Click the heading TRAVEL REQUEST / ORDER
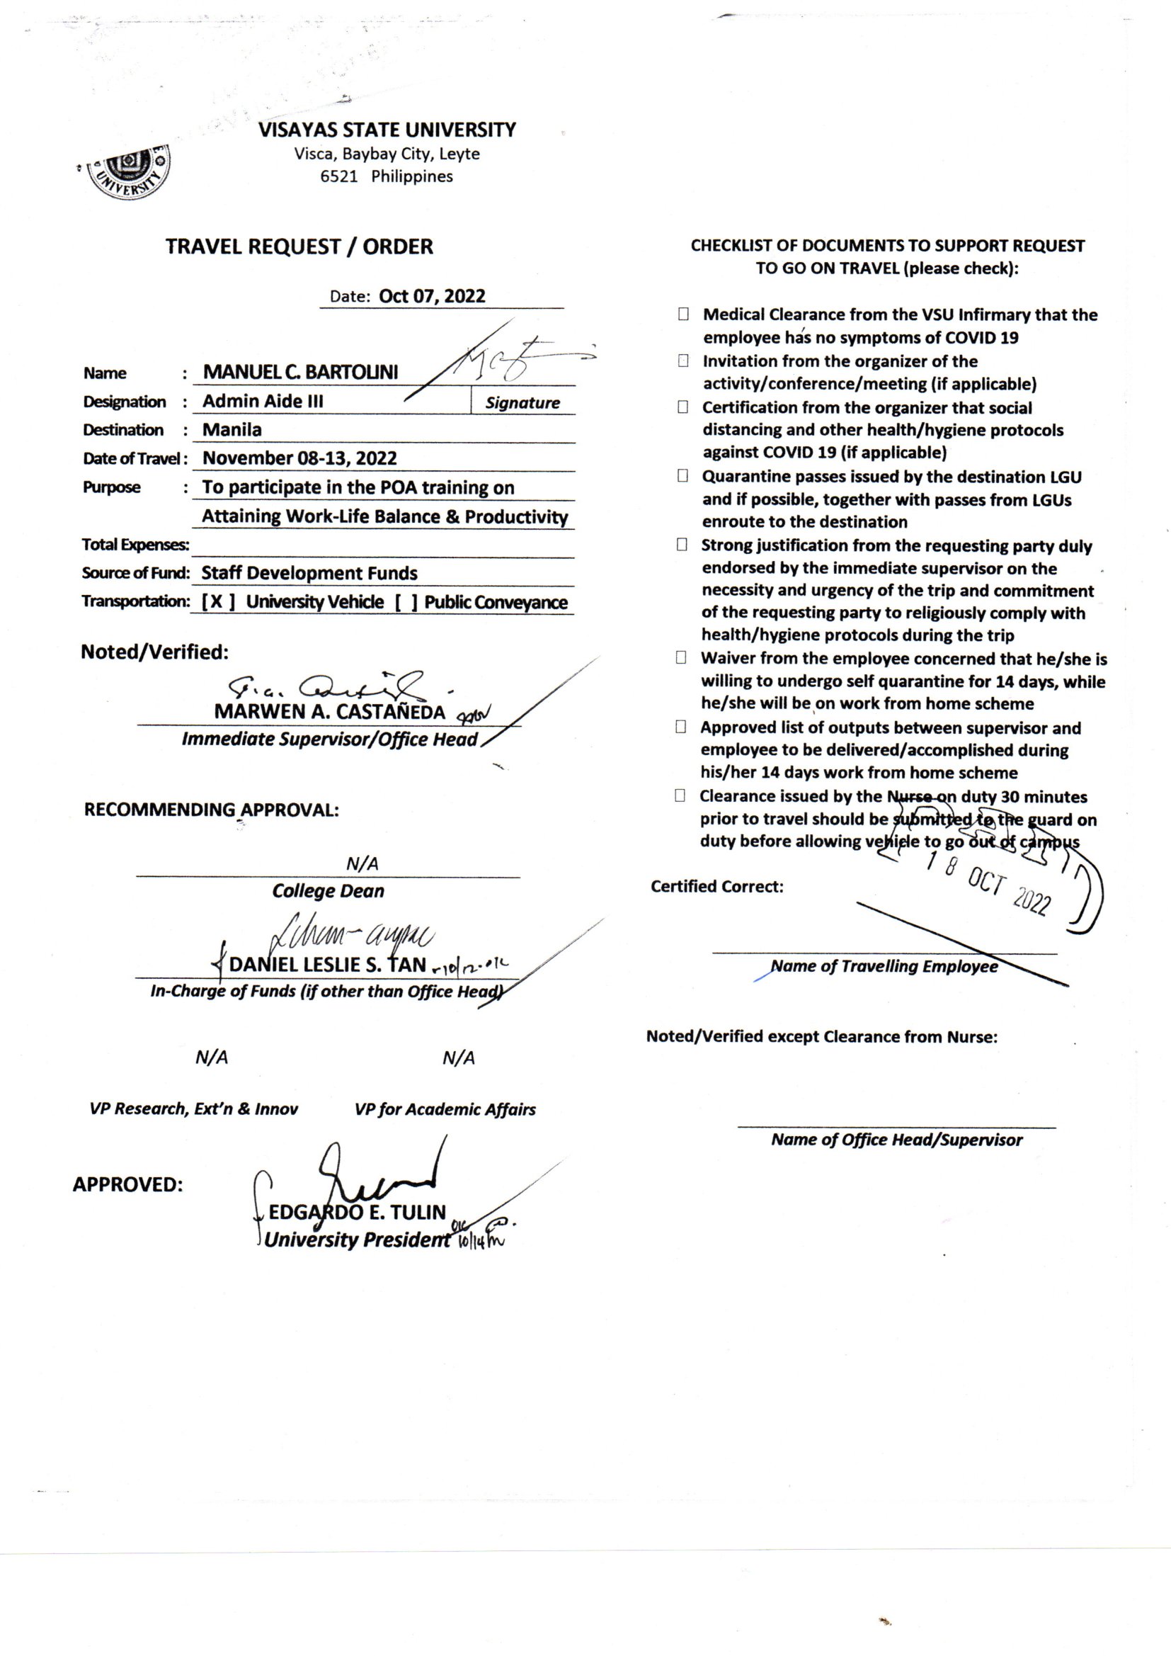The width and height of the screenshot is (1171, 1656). [x=299, y=246]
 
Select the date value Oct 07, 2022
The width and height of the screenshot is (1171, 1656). [x=432, y=297]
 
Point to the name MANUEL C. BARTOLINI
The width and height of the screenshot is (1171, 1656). [x=300, y=372]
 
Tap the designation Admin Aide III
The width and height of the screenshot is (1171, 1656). [x=263, y=401]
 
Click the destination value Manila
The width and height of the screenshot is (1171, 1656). [x=232, y=430]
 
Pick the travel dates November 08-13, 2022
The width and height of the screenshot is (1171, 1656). [x=299, y=458]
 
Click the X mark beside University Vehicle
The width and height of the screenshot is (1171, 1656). [x=217, y=602]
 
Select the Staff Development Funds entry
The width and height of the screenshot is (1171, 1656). [x=309, y=574]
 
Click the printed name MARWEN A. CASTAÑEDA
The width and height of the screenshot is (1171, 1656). [x=329, y=712]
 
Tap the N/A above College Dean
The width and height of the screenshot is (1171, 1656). [x=362, y=863]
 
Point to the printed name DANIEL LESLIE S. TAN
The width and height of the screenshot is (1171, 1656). [x=327, y=965]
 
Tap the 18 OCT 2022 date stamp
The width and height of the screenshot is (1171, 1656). [x=988, y=883]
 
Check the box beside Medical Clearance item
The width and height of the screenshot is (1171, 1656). [x=682, y=314]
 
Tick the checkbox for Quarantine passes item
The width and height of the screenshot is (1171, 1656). [x=682, y=476]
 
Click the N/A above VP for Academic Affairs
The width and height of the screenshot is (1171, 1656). [x=459, y=1058]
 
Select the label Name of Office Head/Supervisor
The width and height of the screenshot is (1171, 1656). [x=896, y=1140]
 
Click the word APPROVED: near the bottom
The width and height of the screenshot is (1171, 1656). [x=127, y=1184]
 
